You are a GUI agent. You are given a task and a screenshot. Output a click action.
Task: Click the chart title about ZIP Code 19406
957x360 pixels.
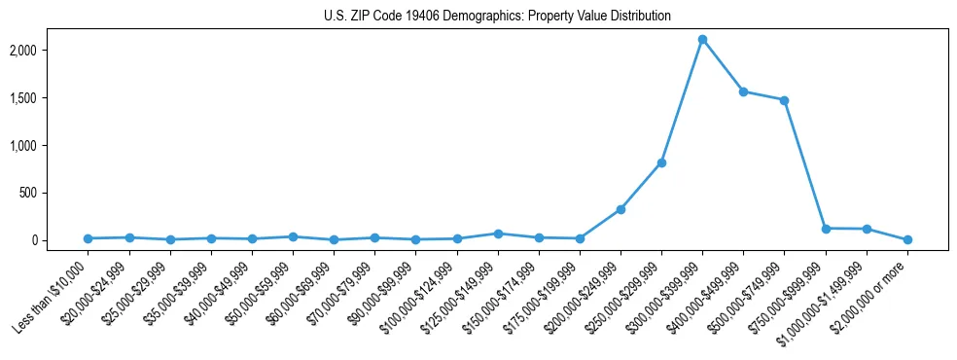(x=498, y=17)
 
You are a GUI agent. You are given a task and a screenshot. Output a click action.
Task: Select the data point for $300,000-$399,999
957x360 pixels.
(x=702, y=40)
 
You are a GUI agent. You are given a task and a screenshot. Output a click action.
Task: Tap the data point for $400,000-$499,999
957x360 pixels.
(x=743, y=91)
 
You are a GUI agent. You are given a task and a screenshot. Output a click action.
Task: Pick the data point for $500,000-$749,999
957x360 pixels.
(x=784, y=100)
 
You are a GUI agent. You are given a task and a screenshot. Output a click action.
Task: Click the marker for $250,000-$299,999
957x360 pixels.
(x=661, y=162)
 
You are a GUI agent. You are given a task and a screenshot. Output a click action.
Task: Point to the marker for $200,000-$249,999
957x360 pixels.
(x=620, y=209)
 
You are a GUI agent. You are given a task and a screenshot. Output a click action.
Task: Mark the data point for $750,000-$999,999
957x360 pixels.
(x=826, y=229)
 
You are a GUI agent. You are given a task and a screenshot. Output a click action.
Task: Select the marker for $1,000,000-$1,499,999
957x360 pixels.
(x=867, y=230)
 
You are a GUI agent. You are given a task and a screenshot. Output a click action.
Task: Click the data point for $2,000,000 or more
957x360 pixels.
(x=907, y=239)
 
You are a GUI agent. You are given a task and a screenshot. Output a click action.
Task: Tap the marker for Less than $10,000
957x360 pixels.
(x=88, y=238)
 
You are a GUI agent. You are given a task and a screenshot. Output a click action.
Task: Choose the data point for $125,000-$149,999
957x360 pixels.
(x=498, y=234)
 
